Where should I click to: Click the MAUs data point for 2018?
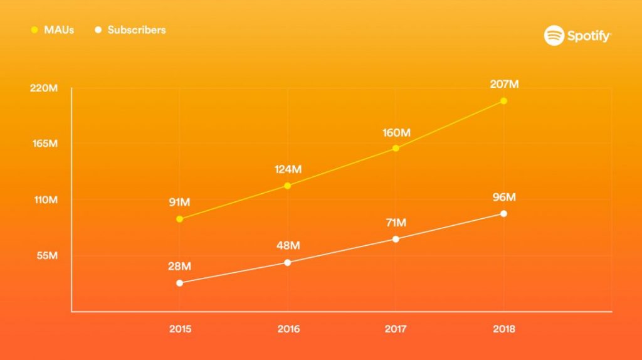click(x=503, y=100)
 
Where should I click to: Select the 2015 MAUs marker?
click(x=180, y=219)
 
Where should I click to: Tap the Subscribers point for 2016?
click(x=288, y=262)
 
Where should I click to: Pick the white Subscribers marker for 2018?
click(x=503, y=214)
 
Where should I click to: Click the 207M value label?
click(x=504, y=84)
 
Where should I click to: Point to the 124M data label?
click(x=288, y=169)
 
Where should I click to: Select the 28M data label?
click(x=179, y=267)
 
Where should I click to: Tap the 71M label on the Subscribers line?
click(x=396, y=223)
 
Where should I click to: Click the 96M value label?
click(x=504, y=198)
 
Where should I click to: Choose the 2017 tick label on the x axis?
click(x=396, y=329)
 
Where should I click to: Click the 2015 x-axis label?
click(x=180, y=329)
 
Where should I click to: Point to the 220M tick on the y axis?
click(x=44, y=88)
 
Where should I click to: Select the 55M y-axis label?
click(x=46, y=255)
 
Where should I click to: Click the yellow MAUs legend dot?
click(x=34, y=29)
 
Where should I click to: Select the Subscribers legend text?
click(x=137, y=29)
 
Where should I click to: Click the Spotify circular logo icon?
click(x=554, y=36)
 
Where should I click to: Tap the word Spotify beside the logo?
click(x=589, y=36)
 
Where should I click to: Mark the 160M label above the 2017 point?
click(x=396, y=132)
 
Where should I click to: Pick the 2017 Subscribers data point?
click(x=396, y=239)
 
